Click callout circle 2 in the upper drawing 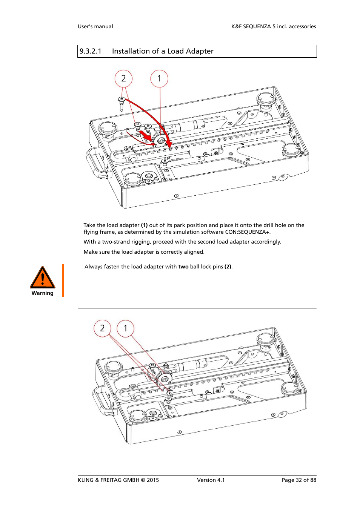tap(123, 79)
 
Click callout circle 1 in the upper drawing tap(159, 79)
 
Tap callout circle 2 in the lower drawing tap(102, 328)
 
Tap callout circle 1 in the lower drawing tap(126, 328)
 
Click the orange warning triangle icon tap(43, 278)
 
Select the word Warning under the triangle tap(43, 293)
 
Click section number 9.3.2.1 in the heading tap(91, 51)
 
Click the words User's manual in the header tap(95, 26)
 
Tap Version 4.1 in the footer tap(211, 480)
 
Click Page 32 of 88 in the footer tap(299, 480)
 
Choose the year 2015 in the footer tap(153, 480)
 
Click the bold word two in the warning tap(183, 267)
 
